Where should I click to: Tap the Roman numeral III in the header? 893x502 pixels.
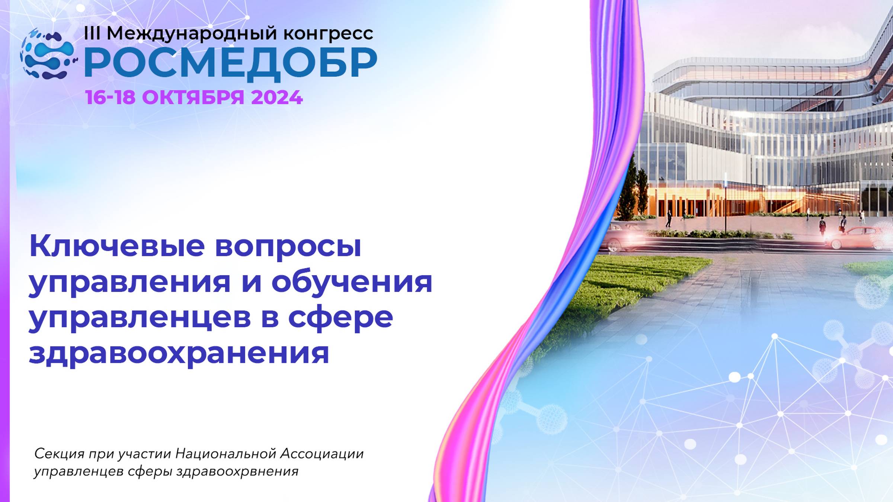click(x=92, y=33)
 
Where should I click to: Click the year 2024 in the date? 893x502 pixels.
click(x=277, y=98)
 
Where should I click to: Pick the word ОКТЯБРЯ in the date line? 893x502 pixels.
click(x=193, y=98)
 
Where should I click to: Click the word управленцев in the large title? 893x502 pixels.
click(x=140, y=318)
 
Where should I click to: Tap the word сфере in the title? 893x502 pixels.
click(x=340, y=318)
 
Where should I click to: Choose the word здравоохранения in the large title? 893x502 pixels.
click(x=179, y=353)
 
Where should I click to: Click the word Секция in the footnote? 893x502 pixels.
click(x=60, y=454)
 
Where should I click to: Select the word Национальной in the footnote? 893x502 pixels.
click(x=226, y=454)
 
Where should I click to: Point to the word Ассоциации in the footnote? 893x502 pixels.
click(x=321, y=454)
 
